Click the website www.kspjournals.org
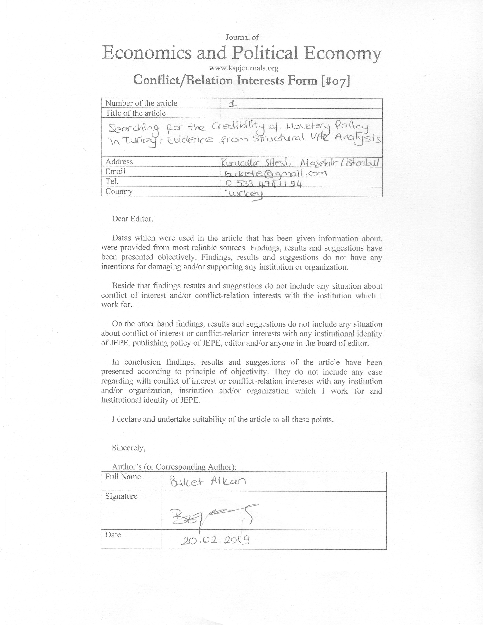click(244, 68)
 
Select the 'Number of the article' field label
click(141, 103)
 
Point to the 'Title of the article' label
click(135, 113)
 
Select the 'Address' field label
click(119, 162)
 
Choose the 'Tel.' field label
click(112, 181)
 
